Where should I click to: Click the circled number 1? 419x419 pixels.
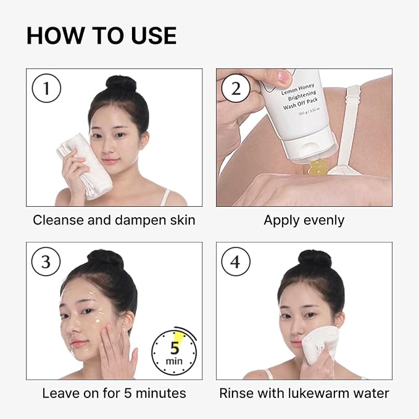point(46,88)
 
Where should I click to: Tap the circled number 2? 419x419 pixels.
point(236,88)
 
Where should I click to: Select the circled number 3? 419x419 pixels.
point(46,262)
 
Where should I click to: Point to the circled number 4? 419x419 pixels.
point(236,262)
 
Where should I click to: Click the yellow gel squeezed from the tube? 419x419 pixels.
point(317,168)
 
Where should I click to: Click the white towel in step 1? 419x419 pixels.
point(86,165)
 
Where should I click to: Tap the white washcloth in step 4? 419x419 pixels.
point(320,345)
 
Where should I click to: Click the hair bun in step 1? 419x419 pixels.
point(121,83)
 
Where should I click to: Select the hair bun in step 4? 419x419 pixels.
point(315,257)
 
